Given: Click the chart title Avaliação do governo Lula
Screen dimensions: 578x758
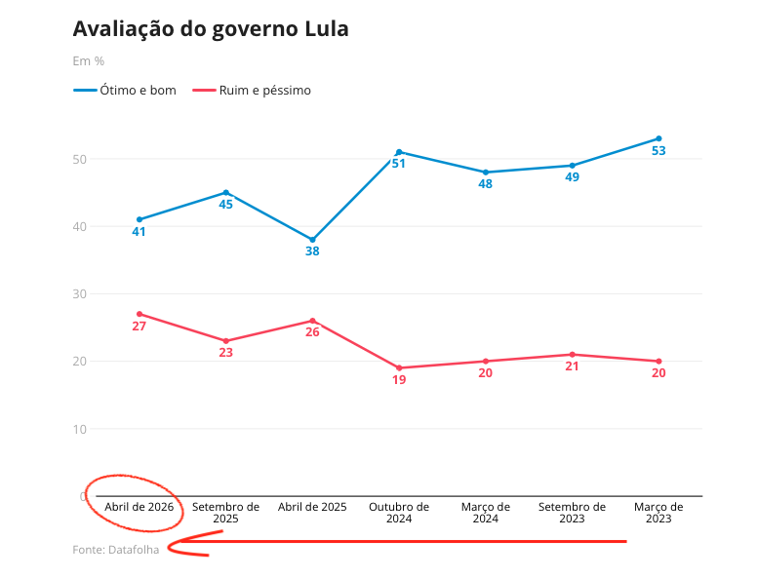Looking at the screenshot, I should tap(211, 29).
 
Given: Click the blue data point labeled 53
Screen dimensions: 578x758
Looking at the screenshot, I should tap(658, 138).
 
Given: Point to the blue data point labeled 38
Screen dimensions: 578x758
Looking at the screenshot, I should tap(312, 240).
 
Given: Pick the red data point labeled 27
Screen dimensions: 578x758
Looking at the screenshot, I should tap(140, 314).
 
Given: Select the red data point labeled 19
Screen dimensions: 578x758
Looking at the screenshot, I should tap(399, 368).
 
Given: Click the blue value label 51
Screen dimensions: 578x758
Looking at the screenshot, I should tap(399, 164).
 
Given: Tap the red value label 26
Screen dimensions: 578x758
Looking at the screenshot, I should tap(312, 332).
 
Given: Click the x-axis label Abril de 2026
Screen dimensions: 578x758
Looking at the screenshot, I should tap(140, 507).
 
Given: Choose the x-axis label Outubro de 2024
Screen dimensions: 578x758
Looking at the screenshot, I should tap(399, 513).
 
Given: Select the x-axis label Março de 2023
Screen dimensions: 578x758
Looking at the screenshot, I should tap(658, 513).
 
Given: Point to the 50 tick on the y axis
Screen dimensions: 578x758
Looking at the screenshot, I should tap(79, 159).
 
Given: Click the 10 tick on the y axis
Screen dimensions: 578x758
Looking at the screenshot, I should tap(79, 429).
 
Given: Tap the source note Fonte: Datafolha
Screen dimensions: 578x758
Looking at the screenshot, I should tap(115, 550).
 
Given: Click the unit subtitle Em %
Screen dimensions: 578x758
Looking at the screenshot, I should tap(88, 60).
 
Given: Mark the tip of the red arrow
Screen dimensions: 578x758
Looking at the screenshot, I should tap(170, 547).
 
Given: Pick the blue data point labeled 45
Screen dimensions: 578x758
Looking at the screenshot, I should tap(226, 192).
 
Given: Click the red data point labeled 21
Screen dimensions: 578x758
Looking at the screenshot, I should tap(573, 355).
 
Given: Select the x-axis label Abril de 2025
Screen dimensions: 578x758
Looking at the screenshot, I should tap(312, 507).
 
